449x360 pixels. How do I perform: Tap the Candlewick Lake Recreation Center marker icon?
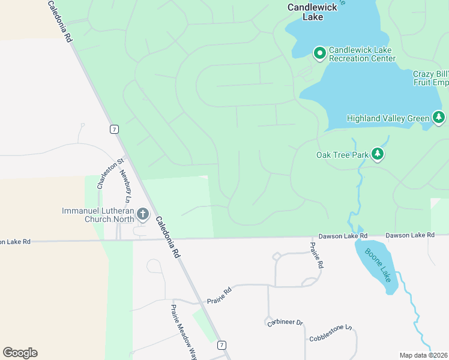click(320, 54)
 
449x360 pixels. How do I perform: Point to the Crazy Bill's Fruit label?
click(430, 78)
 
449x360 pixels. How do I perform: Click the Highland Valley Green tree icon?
click(439, 118)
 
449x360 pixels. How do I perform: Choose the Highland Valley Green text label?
click(388, 119)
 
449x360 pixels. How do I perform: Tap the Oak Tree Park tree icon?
click(378, 155)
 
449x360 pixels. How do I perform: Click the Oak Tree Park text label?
click(342, 155)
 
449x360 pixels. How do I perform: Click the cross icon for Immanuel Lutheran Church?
click(143, 214)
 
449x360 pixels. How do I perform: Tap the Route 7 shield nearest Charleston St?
click(114, 129)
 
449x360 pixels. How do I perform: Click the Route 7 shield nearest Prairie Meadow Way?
click(222, 345)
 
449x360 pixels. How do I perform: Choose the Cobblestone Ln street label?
click(330, 334)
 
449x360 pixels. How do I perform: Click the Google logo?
click(20, 353)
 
